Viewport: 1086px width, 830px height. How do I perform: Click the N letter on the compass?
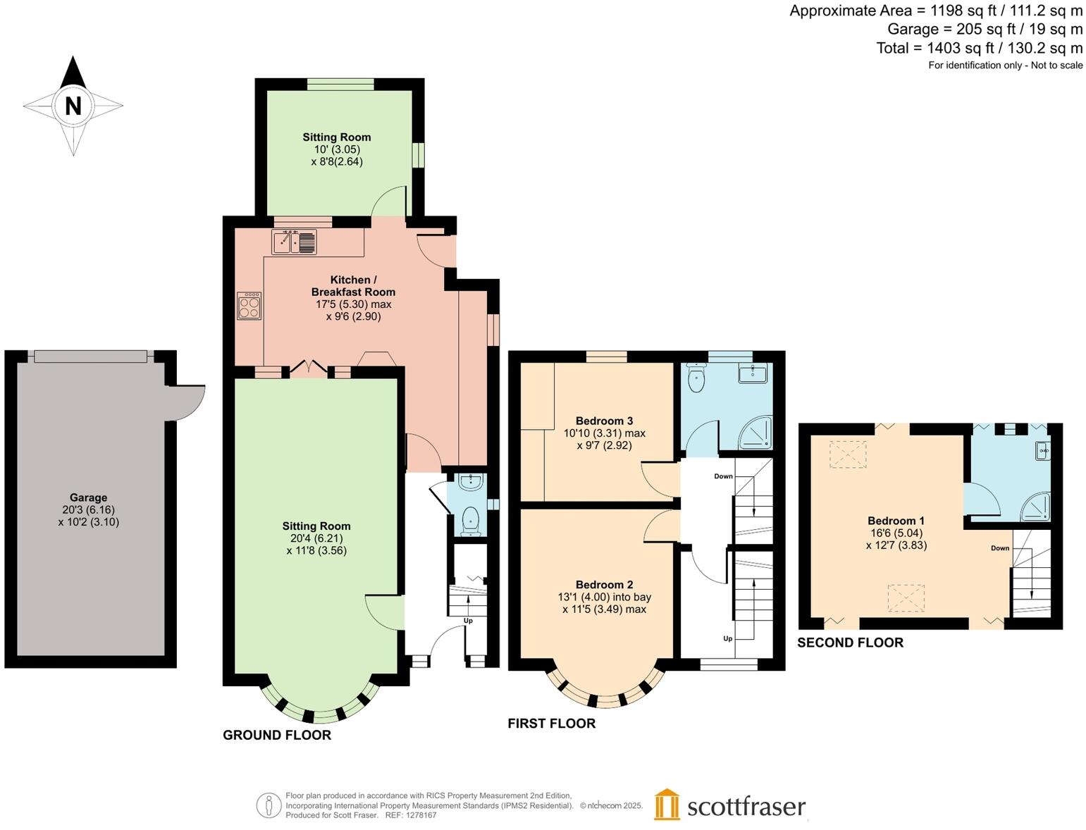tap(73, 106)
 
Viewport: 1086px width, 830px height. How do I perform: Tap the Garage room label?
tap(88, 497)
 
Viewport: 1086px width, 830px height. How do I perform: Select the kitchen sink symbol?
tap(294, 242)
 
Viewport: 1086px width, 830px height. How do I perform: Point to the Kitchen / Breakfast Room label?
tap(353, 286)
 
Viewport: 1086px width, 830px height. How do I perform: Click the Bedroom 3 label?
tap(604, 421)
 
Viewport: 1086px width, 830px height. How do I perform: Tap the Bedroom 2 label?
tap(604, 584)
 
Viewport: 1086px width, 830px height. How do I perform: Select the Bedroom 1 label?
tap(896, 521)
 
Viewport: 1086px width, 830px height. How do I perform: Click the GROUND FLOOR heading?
tap(277, 735)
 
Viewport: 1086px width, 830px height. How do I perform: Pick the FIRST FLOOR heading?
tap(551, 723)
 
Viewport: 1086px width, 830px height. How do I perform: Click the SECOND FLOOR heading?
tap(850, 642)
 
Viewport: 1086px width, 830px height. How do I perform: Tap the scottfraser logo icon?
tap(667, 805)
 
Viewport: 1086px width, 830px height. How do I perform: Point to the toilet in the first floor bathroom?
tap(696, 379)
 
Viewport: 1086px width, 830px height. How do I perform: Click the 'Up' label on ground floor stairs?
tap(468, 621)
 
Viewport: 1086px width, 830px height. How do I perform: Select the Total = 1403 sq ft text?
tap(979, 48)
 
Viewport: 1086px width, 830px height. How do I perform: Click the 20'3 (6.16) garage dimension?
tap(88, 509)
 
